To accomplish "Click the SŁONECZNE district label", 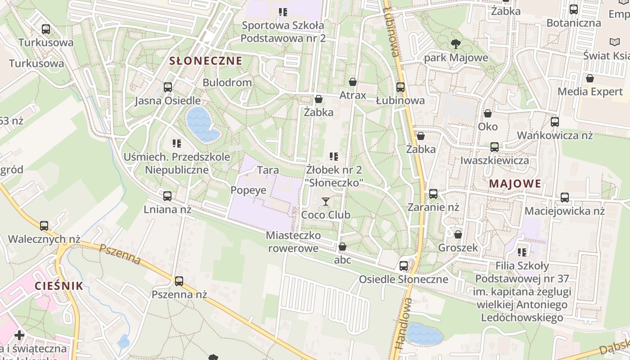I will [206, 61].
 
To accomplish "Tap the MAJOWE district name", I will [515, 184].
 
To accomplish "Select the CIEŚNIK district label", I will [59, 286].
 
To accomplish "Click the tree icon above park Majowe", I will [455, 44].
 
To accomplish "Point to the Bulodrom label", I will [227, 82].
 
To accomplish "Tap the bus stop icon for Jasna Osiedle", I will [168, 87].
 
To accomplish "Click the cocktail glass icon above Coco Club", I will [326, 201].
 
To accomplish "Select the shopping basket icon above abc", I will [342, 247].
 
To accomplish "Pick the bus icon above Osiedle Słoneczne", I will [404, 265].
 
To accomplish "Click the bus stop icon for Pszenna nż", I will [179, 281].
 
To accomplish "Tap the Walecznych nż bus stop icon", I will [44, 225].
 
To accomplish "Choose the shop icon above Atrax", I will [353, 82].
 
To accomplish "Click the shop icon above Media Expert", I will [590, 78].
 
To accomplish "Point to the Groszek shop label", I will [458, 247].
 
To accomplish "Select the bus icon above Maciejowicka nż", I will [565, 197].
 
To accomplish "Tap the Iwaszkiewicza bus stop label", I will [495, 160].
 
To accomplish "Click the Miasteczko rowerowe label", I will [293, 242].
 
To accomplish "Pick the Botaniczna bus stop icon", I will [574, 9].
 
